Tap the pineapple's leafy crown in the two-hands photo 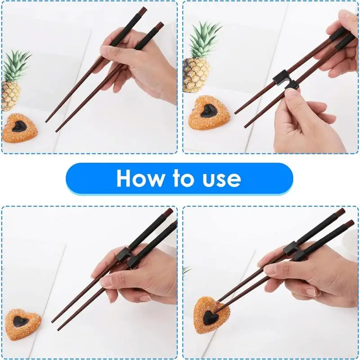point(205,38)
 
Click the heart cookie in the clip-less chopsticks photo point(20,127)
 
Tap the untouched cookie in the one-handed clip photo point(22,324)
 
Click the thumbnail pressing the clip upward point(292,92)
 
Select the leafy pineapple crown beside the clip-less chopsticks point(16,65)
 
